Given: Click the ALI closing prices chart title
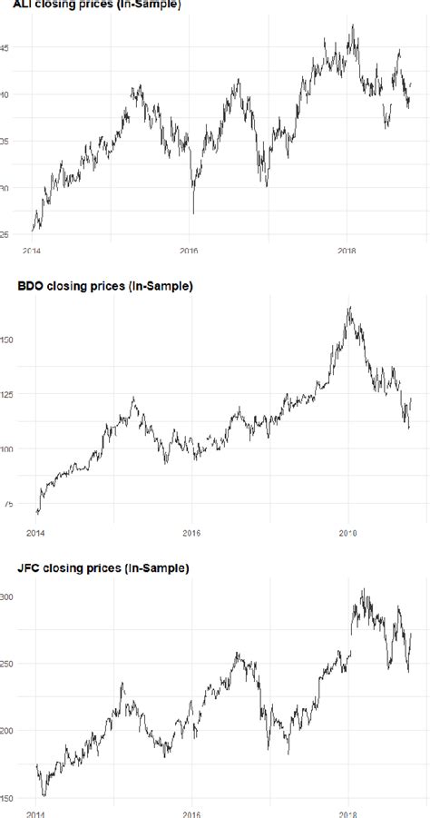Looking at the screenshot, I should [90, 5].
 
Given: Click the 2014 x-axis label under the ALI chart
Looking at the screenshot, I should [32, 251].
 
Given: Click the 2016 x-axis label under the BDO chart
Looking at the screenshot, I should [191, 533].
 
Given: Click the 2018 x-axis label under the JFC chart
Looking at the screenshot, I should [348, 813].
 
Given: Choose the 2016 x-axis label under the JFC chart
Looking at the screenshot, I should [191, 813].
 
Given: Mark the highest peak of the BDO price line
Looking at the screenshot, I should [348, 308].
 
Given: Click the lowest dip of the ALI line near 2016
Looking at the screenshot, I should [193, 213].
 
